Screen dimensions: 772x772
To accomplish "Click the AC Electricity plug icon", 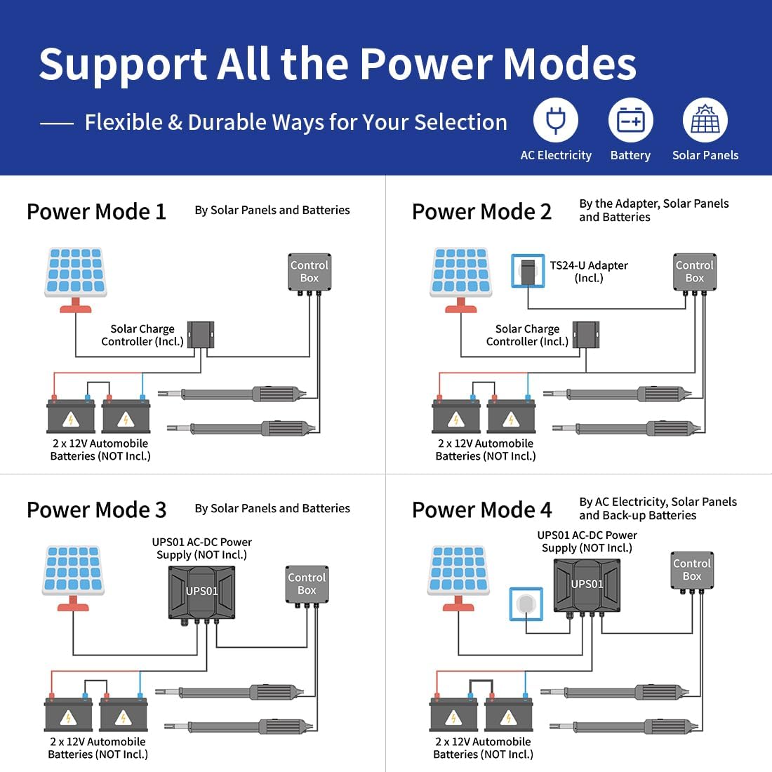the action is click(x=556, y=120).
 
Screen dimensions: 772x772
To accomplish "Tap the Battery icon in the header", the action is click(x=631, y=120).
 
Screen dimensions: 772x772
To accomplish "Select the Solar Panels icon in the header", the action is click(x=705, y=120).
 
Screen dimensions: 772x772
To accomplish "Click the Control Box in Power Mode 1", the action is click(x=310, y=273).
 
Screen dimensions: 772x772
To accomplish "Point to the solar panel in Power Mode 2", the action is click(x=461, y=279).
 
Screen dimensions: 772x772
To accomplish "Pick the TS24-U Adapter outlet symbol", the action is click(x=528, y=270).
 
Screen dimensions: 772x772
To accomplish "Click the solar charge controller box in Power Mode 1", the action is click(x=201, y=335).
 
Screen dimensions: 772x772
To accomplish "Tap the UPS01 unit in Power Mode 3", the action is click(x=201, y=594).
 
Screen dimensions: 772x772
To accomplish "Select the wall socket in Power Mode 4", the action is click(x=526, y=604).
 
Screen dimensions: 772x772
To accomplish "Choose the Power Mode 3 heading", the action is click(x=97, y=510).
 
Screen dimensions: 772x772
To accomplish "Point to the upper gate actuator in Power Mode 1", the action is click(x=232, y=394).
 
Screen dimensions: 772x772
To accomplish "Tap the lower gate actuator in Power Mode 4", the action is click(x=625, y=726).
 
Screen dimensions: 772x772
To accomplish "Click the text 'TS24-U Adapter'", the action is click(x=589, y=265).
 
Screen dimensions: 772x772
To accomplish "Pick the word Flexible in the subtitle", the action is click(x=124, y=122).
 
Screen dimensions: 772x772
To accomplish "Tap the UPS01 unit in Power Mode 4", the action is click(x=587, y=587).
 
